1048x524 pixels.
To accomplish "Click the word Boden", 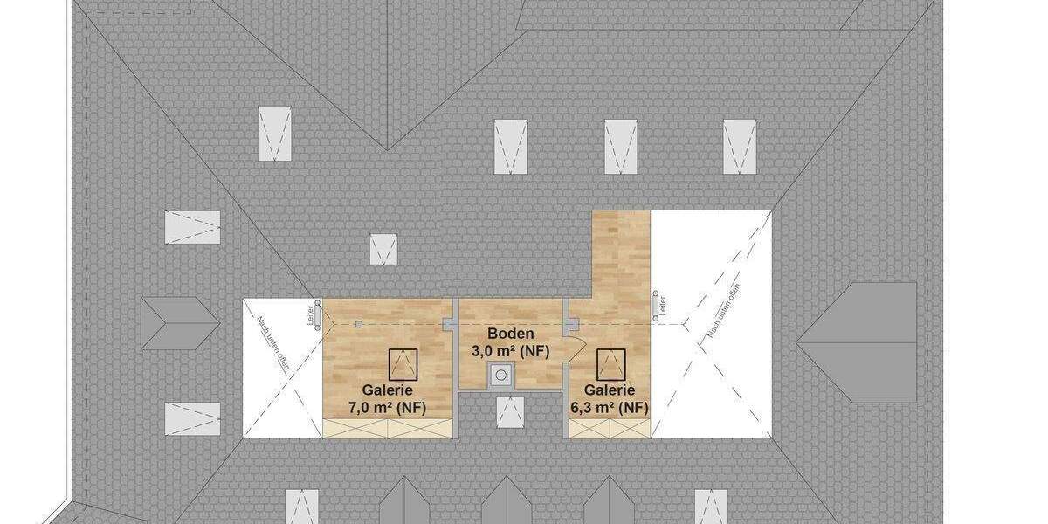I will (510, 334).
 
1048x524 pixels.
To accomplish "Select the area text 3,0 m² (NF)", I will (510, 352).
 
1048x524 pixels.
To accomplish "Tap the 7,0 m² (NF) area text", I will (387, 408).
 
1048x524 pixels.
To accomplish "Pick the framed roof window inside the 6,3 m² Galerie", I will (610, 362).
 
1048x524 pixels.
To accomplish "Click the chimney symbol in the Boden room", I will (500, 376).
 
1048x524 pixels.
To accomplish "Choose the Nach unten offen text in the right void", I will (725, 312).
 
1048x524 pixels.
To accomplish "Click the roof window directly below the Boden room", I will (510, 412).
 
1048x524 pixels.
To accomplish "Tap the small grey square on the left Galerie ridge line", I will (359, 325).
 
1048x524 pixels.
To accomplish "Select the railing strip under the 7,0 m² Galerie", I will (388, 428).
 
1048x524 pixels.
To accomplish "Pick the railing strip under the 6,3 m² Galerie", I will (610, 428).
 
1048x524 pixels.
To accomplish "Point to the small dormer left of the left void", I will (178, 323).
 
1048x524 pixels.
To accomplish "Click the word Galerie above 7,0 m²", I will (387, 390).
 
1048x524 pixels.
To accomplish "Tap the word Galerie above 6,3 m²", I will (610, 390).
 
